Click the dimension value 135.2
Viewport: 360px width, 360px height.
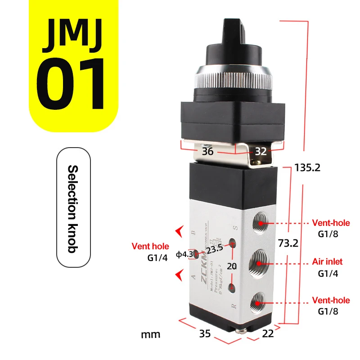coord(307,168)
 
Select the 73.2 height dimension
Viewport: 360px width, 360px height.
coord(288,243)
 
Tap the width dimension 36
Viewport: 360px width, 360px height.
coord(207,152)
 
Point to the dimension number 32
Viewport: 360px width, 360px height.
coord(261,152)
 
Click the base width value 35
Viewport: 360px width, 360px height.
coord(205,334)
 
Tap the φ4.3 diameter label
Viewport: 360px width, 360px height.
coord(184,254)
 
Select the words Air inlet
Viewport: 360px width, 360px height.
coord(327,261)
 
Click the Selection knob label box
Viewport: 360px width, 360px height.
coord(72,208)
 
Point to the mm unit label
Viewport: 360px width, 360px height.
coord(150,334)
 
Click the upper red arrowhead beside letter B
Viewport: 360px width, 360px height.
coord(180,231)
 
